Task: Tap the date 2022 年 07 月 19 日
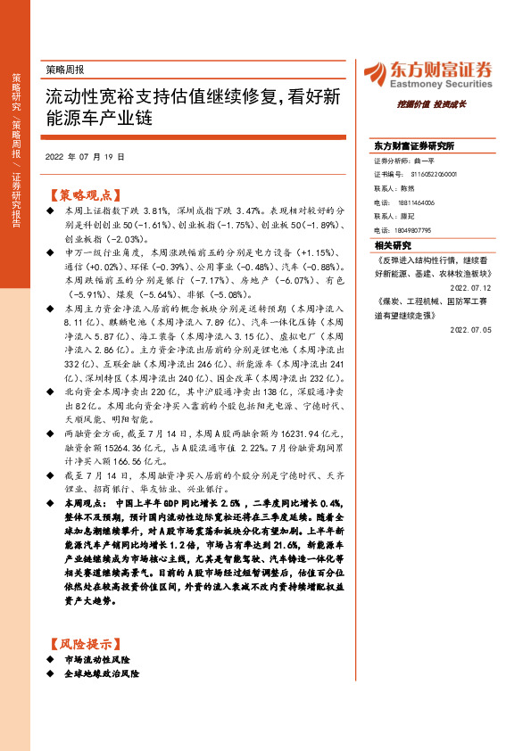85,155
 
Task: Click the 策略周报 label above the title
65,68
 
